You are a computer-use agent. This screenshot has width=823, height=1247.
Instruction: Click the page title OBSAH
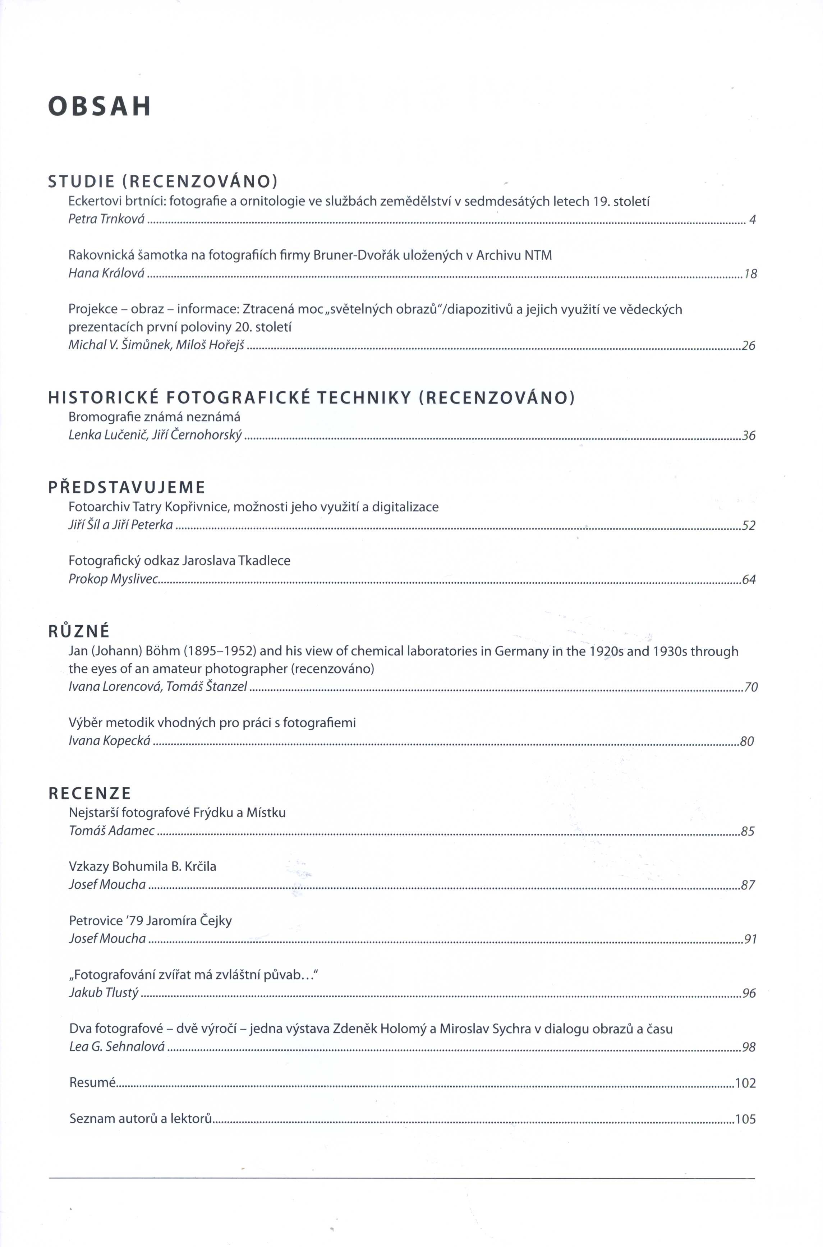coord(100,106)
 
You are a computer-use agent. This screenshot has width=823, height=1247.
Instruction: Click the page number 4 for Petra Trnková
coord(752,220)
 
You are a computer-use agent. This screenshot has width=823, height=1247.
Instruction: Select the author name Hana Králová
coord(106,273)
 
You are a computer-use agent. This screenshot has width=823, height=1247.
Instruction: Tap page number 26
coord(748,346)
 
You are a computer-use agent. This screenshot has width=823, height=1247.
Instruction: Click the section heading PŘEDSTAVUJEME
coord(127,488)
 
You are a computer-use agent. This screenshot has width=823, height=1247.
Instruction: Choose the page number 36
coord(748,436)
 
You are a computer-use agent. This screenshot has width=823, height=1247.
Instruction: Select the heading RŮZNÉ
coord(79,632)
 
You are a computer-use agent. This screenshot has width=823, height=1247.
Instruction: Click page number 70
coord(750,687)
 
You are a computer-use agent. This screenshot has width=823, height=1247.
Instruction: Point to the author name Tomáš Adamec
coord(112,831)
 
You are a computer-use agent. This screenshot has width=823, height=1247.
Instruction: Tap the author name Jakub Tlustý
coord(104,993)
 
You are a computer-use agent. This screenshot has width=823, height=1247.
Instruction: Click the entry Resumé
coord(92,1083)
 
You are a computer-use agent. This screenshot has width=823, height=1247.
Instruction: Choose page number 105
coord(745,1119)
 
